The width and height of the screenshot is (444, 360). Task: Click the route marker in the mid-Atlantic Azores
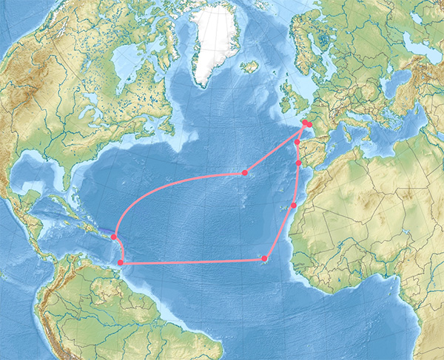click(x=244, y=173)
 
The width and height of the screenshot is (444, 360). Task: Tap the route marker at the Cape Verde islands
click(x=264, y=258)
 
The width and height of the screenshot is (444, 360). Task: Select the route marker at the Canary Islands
click(x=294, y=205)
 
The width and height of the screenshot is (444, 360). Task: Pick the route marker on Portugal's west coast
click(x=298, y=163)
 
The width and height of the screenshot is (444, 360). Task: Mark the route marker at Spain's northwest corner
click(x=297, y=142)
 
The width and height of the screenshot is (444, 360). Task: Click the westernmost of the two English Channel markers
click(x=304, y=123)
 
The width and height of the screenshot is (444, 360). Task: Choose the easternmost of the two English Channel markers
click(x=310, y=124)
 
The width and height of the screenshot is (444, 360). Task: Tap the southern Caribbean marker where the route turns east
click(x=121, y=262)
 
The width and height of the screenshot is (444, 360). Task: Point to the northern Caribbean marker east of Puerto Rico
click(x=114, y=237)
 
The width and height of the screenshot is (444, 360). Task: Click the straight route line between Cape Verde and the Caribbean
click(x=192, y=261)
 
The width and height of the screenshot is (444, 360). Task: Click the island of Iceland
click(x=249, y=67)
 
